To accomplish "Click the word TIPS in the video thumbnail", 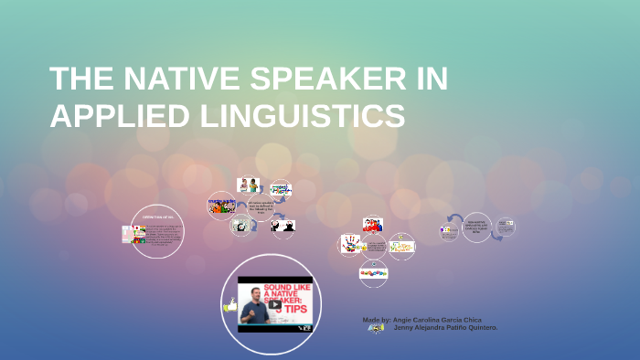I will pos(293,308).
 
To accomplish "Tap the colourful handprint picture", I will pos(351,244).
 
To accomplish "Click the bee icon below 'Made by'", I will pos(375,328).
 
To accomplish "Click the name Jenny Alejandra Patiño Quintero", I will pos(445,328).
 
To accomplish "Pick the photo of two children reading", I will pos(248,185).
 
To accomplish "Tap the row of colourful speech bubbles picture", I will pos(372,271).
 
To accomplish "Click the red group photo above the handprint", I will pos(372,224).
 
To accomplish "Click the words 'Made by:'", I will pos(377,320).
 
